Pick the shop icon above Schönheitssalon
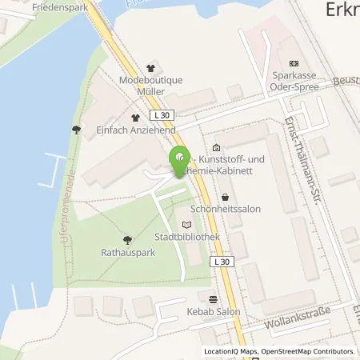pos(225,195)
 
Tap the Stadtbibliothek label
pos(186,238)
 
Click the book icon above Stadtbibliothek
pos(186,225)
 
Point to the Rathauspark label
pos(127,250)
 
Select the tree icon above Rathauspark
pos(127,238)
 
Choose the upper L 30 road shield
pos(165,114)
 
